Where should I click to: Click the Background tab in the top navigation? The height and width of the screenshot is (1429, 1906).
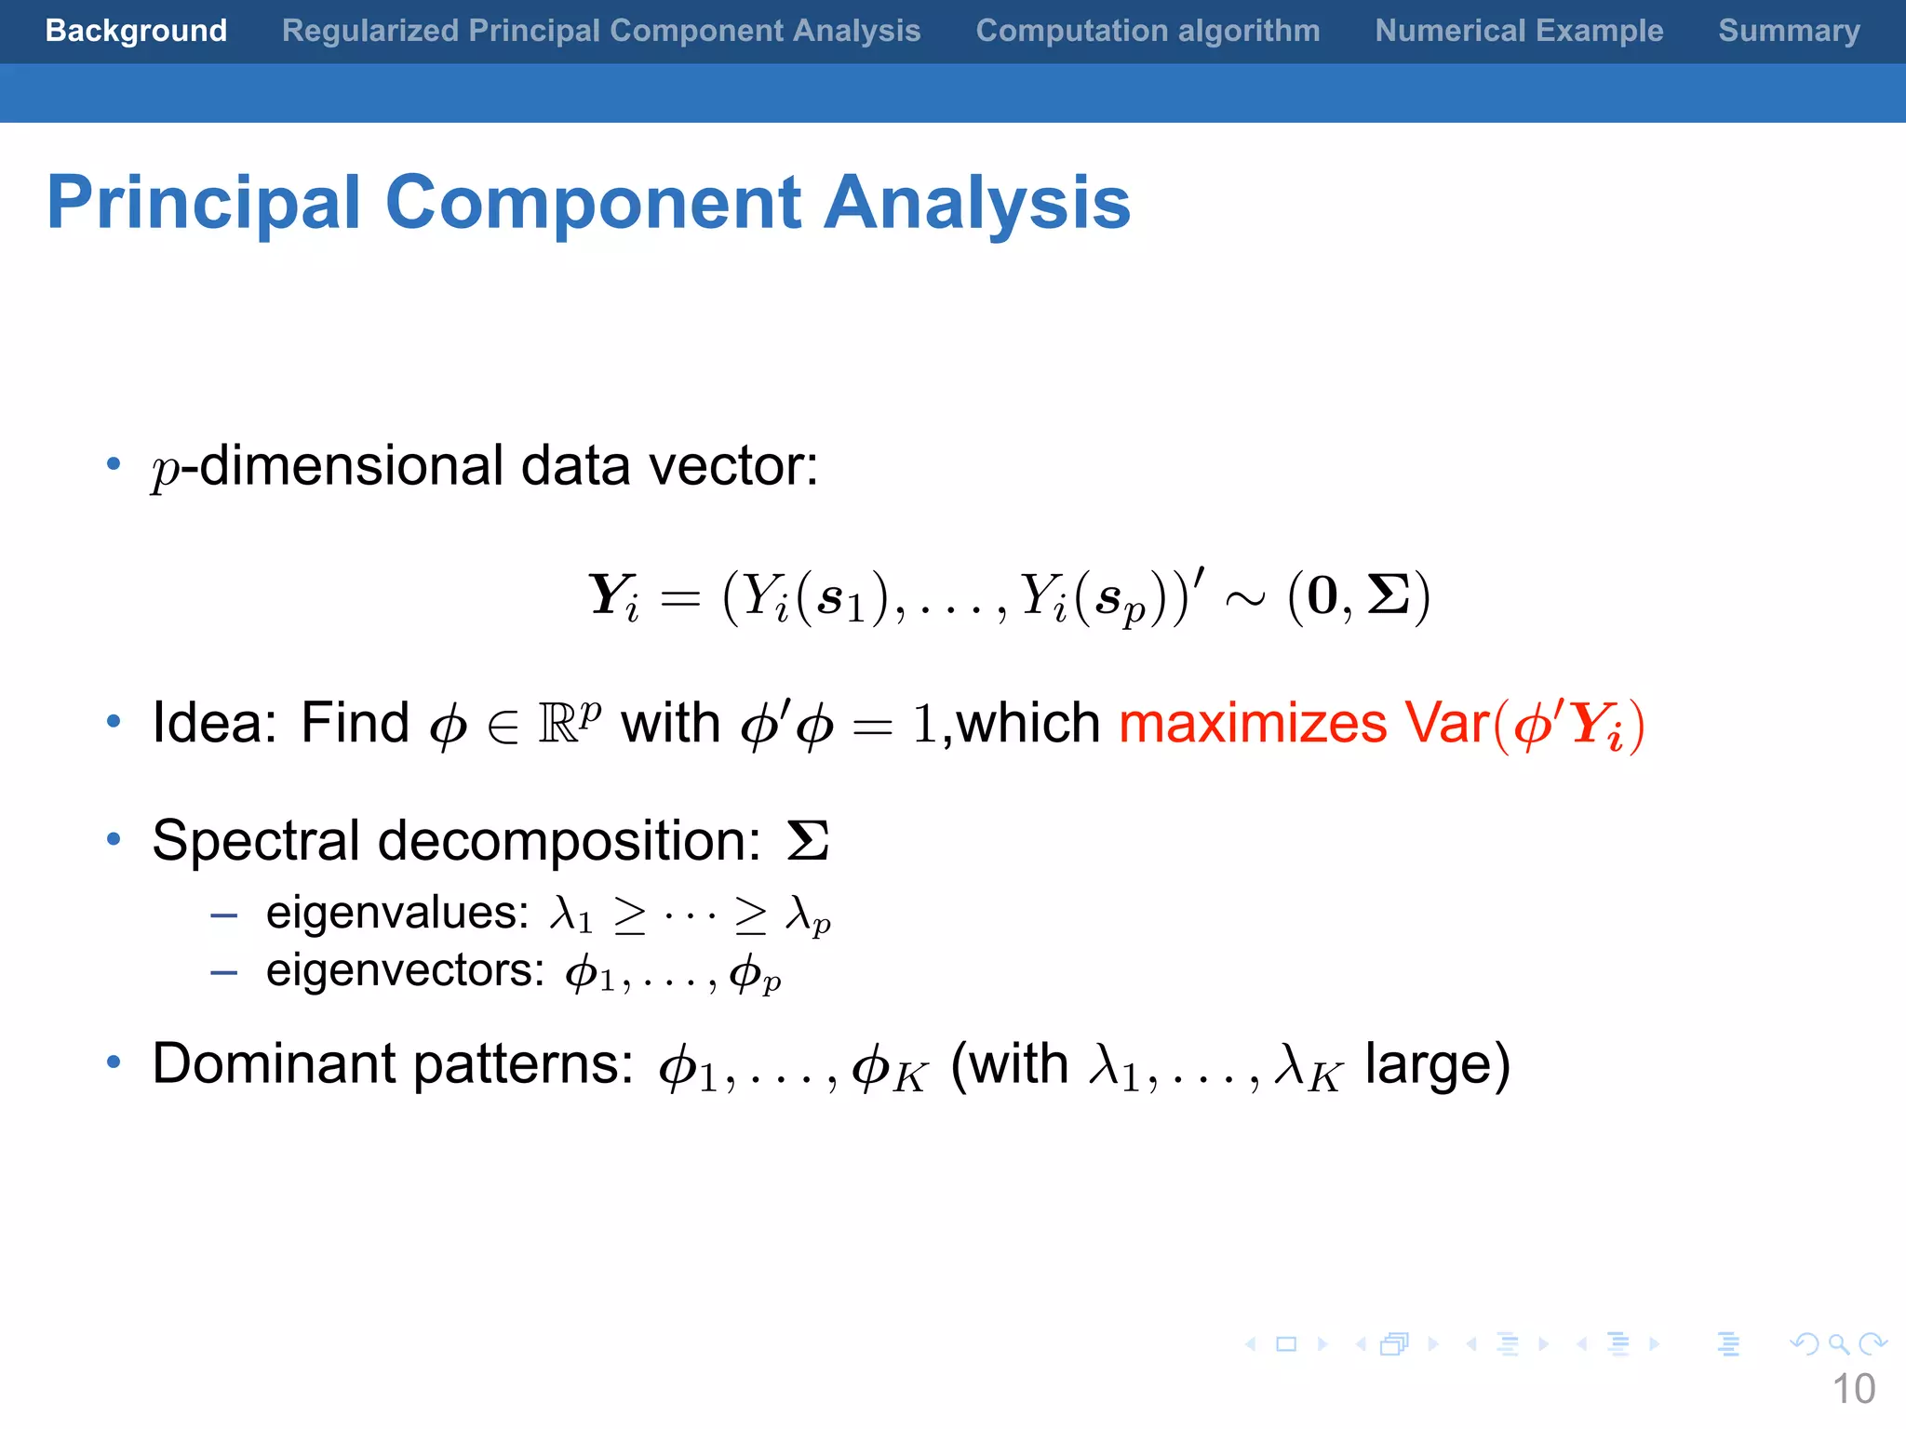tap(136, 31)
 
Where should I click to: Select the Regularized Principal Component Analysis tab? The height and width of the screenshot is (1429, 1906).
tap(601, 31)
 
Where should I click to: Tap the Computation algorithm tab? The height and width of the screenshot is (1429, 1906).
tap(1148, 31)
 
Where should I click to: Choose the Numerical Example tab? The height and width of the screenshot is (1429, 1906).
tap(1519, 31)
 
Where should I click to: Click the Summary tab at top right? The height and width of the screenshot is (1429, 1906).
tap(1789, 31)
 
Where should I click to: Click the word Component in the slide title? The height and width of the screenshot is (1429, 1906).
tap(593, 204)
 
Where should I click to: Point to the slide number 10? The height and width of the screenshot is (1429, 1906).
tap(1853, 1389)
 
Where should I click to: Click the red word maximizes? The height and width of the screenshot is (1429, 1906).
tap(1253, 723)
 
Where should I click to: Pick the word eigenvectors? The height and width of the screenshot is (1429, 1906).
tap(405, 970)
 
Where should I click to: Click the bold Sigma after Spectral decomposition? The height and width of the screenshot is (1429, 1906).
tap(808, 841)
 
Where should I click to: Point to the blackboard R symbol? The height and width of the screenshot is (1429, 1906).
tap(559, 725)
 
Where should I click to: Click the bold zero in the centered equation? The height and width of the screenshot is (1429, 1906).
tap(1322, 596)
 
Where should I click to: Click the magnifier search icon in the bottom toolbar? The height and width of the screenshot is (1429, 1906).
tap(1838, 1344)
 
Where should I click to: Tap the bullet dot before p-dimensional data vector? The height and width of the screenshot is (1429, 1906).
tap(114, 463)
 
